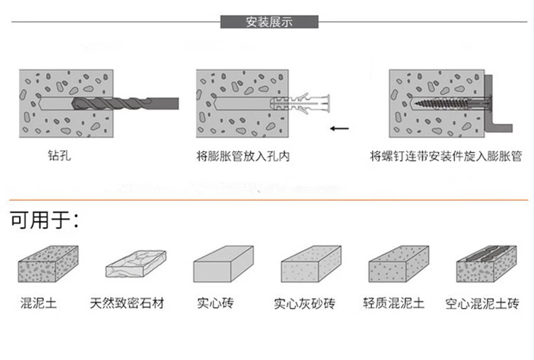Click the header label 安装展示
click(269, 22)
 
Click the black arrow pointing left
click(339, 127)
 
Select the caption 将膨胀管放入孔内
click(243, 157)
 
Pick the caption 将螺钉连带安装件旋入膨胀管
click(446, 157)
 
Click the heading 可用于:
click(45, 220)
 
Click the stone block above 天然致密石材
click(135, 264)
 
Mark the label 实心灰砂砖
click(304, 304)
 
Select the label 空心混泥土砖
click(482, 304)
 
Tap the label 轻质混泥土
click(393, 303)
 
